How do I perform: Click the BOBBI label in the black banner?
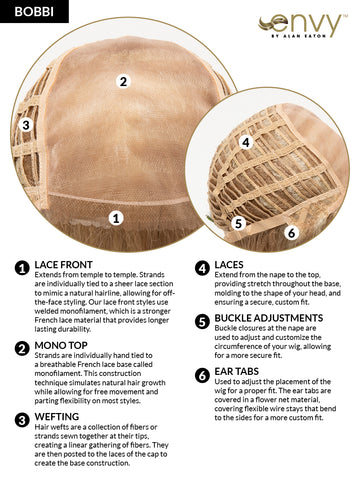click(34, 12)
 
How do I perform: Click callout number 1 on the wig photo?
click(116, 218)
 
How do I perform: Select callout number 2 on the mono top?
click(123, 81)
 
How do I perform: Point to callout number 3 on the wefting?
click(26, 125)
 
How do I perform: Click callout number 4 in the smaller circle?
click(246, 143)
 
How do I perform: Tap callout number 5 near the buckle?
click(238, 223)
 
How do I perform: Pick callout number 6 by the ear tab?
click(292, 233)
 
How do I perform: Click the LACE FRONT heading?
click(64, 265)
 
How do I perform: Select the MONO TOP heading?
click(61, 345)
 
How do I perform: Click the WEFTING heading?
click(57, 417)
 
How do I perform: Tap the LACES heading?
click(229, 265)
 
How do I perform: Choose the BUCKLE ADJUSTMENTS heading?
click(269, 318)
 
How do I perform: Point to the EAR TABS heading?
click(237, 371)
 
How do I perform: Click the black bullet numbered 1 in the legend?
click(22, 268)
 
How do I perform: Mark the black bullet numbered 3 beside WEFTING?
click(22, 420)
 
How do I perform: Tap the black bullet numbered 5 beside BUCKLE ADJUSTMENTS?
click(202, 322)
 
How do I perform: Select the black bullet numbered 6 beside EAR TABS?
click(202, 375)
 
